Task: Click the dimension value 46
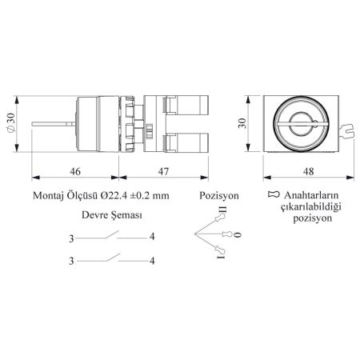pos(75,171)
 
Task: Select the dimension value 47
pos(163,171)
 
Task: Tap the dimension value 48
pos(308,171)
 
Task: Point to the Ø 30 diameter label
pos(10,123)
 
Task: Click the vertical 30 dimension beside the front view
pos(242,123)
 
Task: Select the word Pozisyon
pos(219,196)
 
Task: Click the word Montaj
pos(48,196)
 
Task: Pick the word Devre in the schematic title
pos(94,215)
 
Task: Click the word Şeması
pos(126,215)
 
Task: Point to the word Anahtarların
pos(311,195)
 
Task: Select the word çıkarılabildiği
pos(311,207)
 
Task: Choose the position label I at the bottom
pos(221,257)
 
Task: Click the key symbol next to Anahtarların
pos(274,194)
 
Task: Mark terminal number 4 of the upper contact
pos(152,237)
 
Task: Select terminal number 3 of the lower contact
pos(71,261)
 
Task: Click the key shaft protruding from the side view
pos(54,124)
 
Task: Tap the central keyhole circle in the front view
pos(301,124)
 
